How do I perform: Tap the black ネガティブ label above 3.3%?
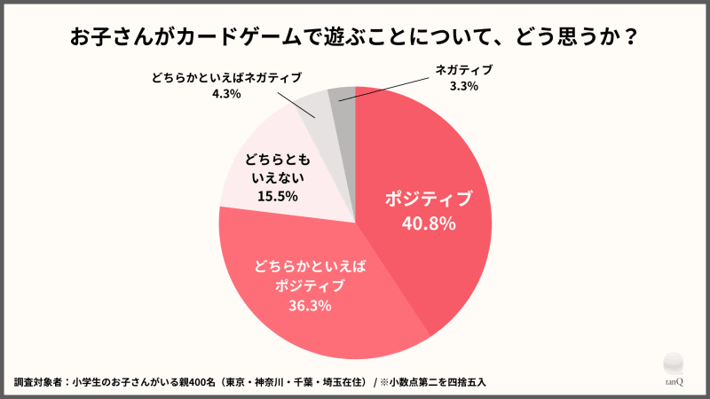click(463, 69)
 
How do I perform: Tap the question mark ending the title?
click(629, 40)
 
